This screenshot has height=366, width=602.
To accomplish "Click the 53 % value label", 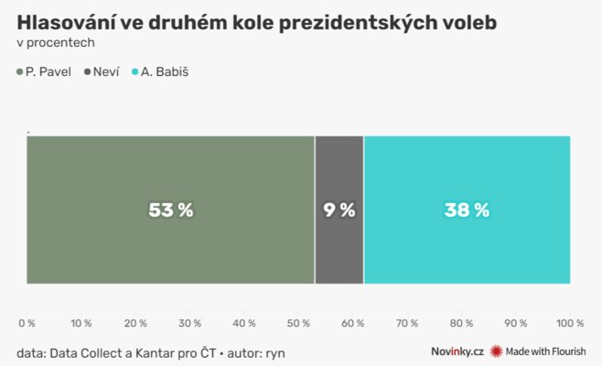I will click(x=171, y=210).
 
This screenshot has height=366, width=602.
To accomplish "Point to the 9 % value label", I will click(x=339, y=210).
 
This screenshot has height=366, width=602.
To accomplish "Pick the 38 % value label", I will click(x=467, y=210).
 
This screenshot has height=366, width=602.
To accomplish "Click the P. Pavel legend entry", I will click(x=47, y=71).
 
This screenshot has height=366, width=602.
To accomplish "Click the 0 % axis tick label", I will click(x=27, y=323).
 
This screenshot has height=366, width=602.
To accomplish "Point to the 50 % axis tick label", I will click(x=298, y=323).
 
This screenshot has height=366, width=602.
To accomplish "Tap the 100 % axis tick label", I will click(x=569, y=323).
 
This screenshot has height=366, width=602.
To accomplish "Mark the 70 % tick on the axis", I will click(x=407, y=323).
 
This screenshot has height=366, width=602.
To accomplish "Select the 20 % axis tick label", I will click(x=135, y=323).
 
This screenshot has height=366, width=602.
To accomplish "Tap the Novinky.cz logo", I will click(x=457, y=351).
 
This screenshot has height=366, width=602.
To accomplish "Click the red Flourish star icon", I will click(x=497, y=351).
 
